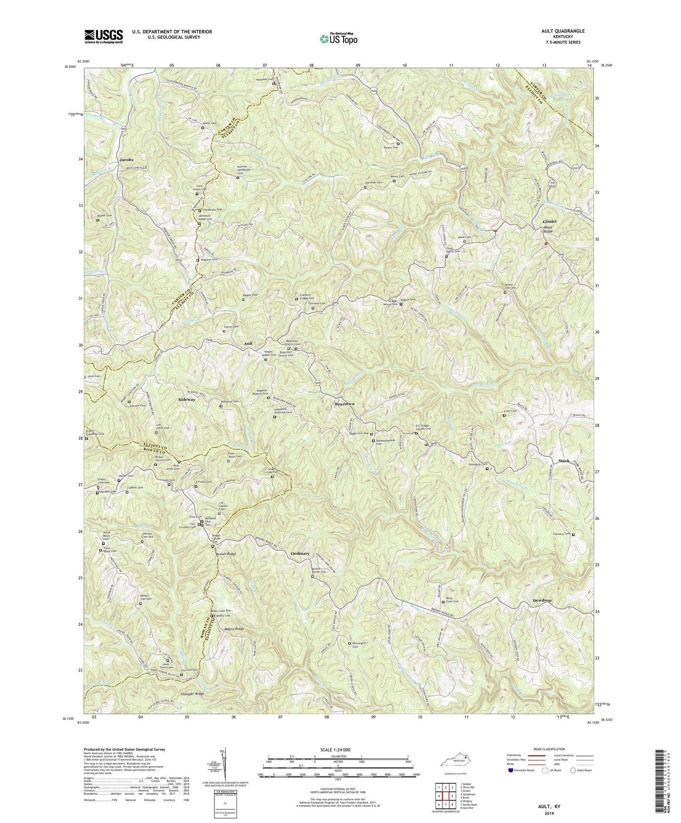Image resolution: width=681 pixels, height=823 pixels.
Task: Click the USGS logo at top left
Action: (104, 36)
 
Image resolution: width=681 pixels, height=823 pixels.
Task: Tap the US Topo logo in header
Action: (337, 38)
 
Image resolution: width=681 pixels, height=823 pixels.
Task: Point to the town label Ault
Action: (248, 344)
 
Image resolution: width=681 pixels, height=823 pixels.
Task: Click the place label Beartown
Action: (345, 404)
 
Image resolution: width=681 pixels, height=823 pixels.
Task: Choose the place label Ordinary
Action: (300, 553)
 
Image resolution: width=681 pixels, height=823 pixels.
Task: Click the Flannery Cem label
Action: (560, 534)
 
